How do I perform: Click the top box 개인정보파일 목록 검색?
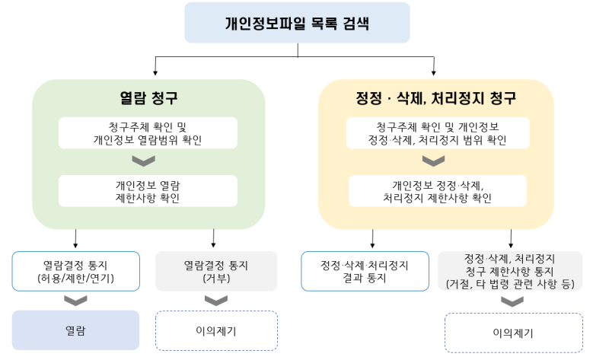click(x=297, y=22)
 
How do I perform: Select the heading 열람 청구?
click(x=148, y=98)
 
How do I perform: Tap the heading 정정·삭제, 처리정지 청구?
click(x=436, y=98)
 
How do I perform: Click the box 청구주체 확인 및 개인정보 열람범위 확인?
click(x=148, y=133)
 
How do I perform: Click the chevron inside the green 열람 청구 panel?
click(x=144, y=161)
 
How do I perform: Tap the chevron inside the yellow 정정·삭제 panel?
click(x=434, y=161)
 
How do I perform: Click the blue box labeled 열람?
click(x=75, y=330)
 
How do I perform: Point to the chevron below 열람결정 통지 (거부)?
click(x=215, y=300)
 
